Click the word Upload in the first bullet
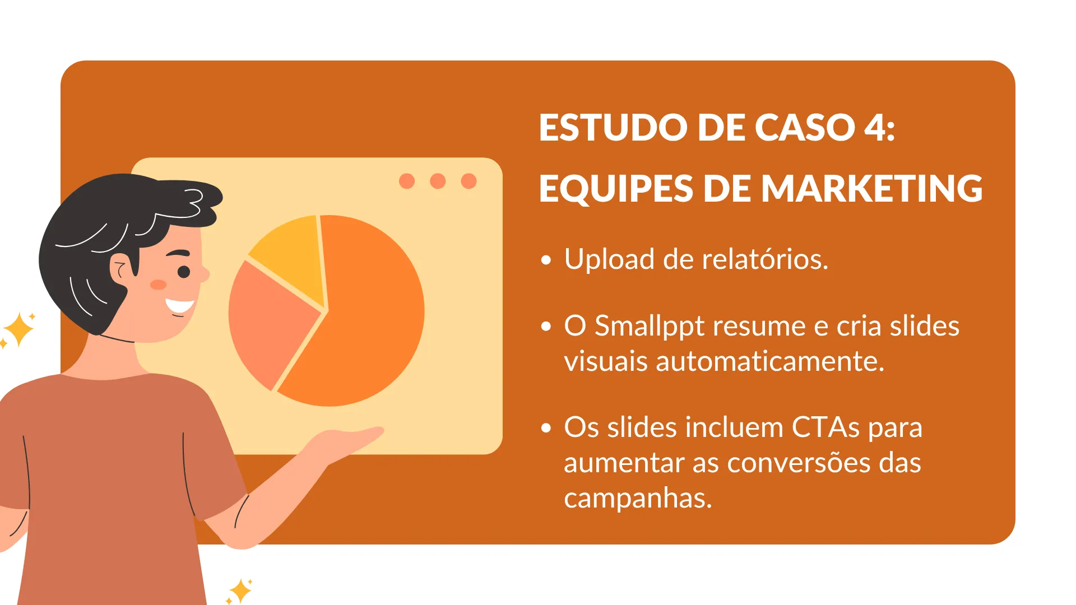609,260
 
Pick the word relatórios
765,259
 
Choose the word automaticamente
770,361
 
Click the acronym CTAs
825,427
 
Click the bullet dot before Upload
546,260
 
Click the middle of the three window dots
438,181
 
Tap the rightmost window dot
469,181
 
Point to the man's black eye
184,272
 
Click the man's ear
120,268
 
